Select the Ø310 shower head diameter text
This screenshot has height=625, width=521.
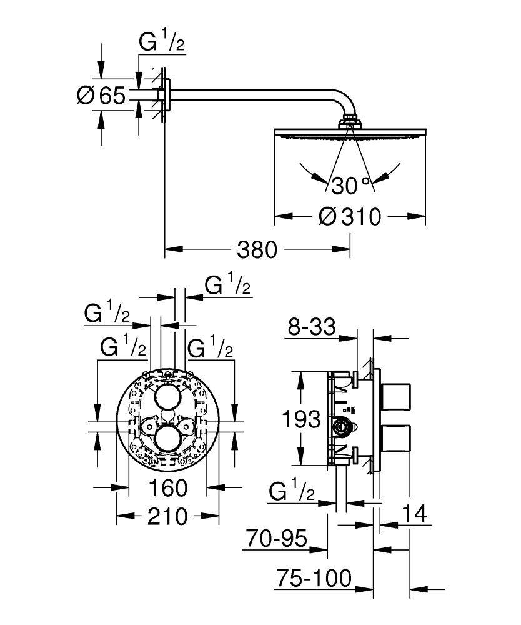pos(350,217)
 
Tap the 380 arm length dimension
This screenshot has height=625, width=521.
pos(256,250)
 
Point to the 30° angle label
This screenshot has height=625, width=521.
pos(350,185)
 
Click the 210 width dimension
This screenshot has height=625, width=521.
pos(167,516)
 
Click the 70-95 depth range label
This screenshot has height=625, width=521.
pos(275,538)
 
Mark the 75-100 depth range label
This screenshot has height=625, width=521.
pos(313,577)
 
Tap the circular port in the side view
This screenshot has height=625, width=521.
pos(342,426)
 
